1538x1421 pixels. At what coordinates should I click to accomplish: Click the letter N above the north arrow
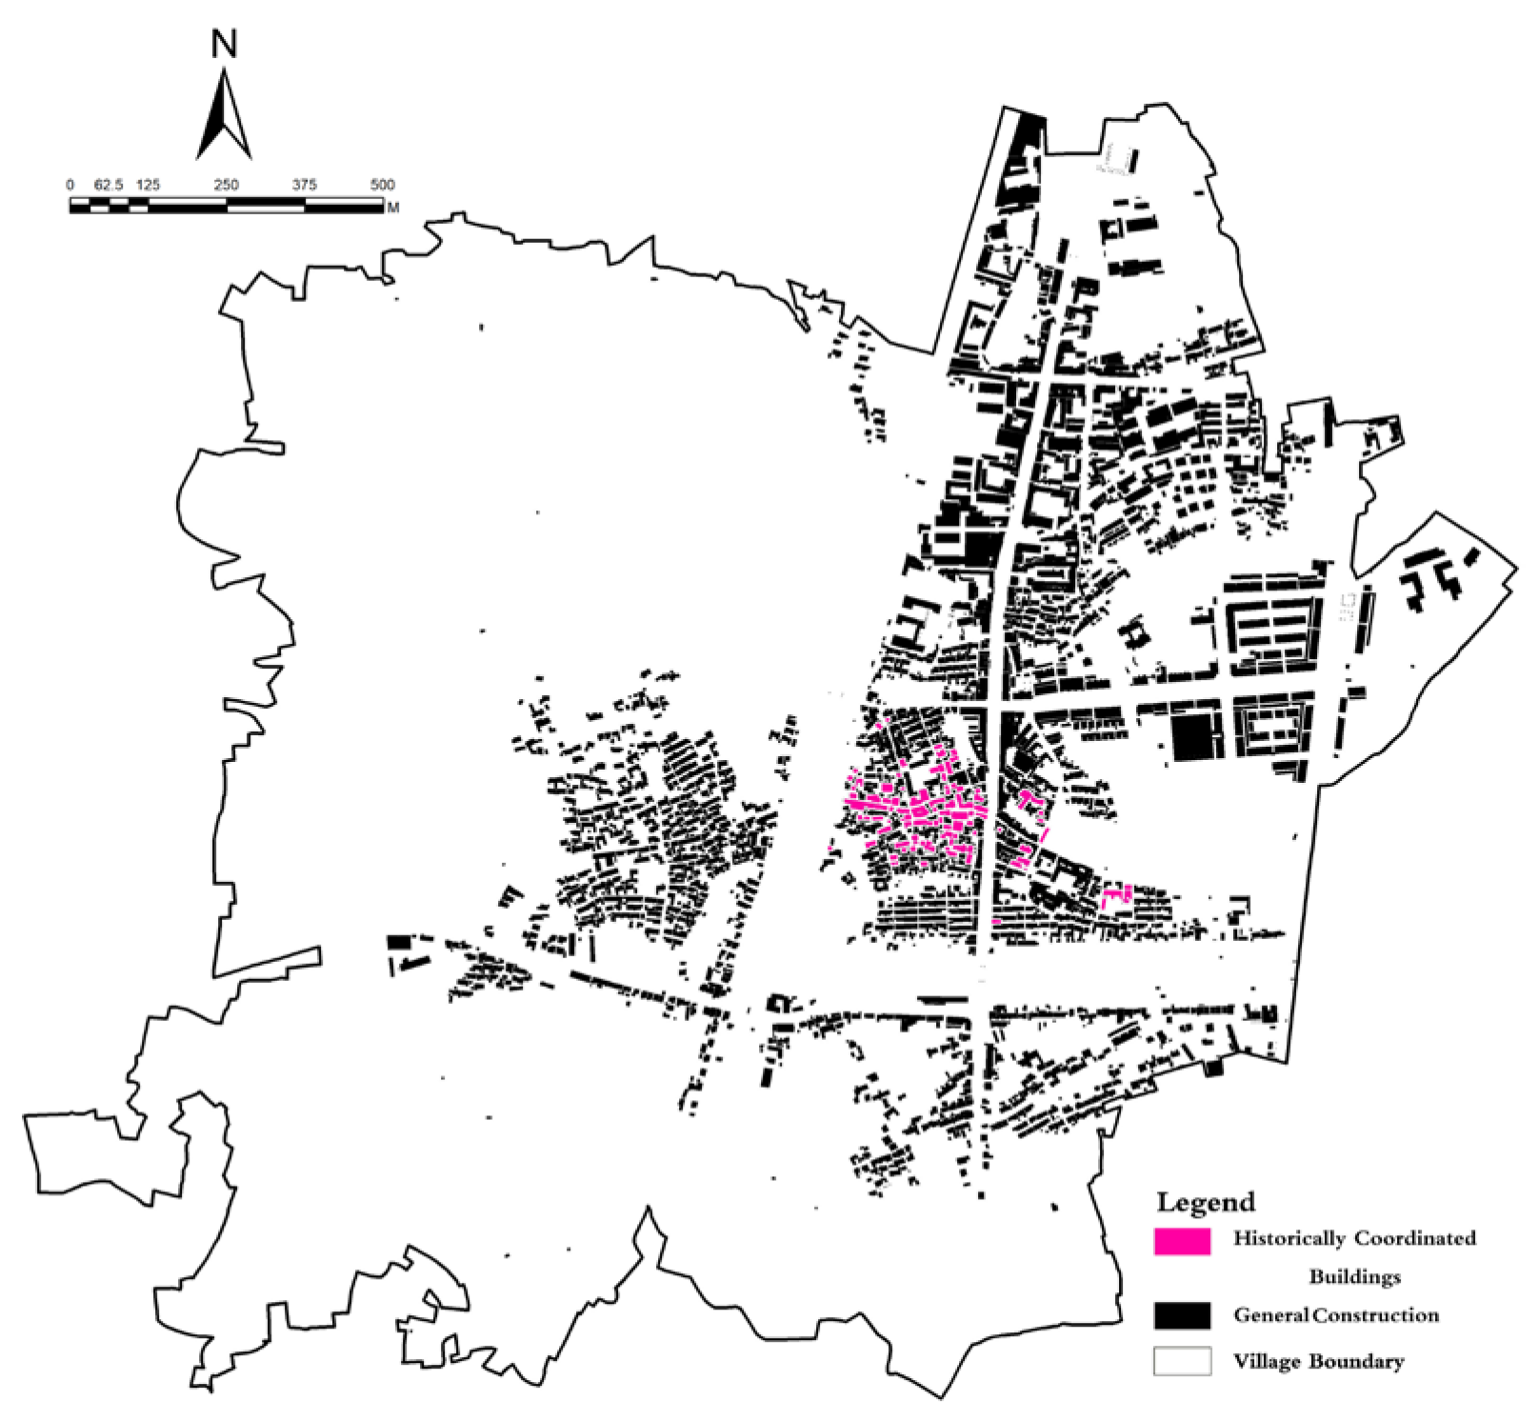click(225, 45)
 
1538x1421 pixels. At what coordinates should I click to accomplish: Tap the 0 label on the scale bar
click(70, 185)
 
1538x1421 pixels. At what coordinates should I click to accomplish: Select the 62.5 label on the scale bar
click(109, 185)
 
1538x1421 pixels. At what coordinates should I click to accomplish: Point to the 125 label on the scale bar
click(149, 185)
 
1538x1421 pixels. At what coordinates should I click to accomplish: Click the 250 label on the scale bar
click(227, 185)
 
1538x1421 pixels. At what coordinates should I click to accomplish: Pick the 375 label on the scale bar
click(305, 185)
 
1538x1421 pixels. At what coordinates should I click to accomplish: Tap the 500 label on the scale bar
click(382, 185)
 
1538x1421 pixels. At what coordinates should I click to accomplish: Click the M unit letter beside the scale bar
click(393, 207)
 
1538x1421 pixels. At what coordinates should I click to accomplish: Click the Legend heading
click(1206, 1202)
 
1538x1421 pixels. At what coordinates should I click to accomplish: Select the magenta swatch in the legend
click(1182, 1241)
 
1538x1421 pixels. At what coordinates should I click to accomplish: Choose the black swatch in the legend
click(1182, 1315)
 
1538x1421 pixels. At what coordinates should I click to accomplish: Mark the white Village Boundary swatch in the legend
click(1182, 1361)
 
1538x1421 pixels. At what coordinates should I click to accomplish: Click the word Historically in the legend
click(1289, 1239)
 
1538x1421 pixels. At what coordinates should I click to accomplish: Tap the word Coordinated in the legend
click(1415, 1239)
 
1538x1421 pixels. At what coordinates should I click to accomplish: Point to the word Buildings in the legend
click(1354, 1276)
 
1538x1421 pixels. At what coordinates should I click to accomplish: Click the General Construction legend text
click(1336, 1315)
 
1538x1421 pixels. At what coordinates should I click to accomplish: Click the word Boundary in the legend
click(1361, 1362)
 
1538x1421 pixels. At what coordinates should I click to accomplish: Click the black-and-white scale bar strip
click(226, 205)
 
